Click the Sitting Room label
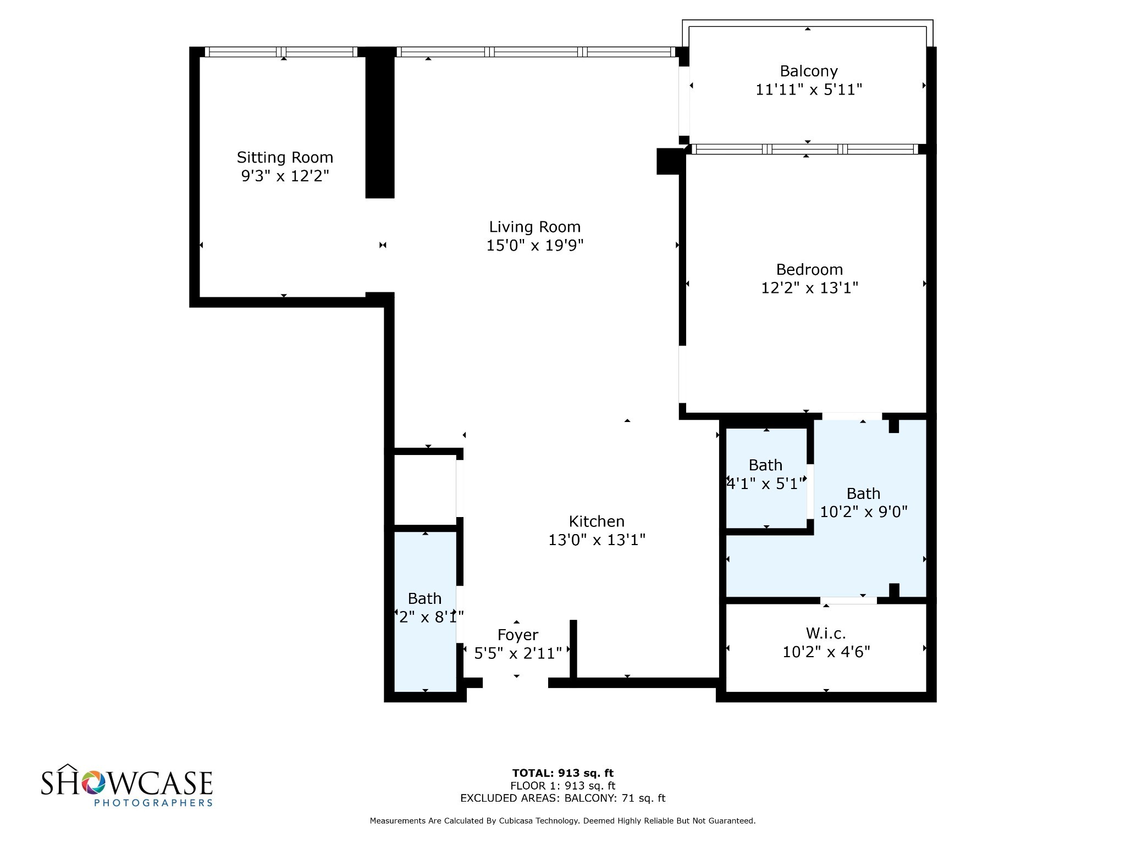(285, 158)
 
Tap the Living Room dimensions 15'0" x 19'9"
(534, 246)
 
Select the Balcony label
(808, 71)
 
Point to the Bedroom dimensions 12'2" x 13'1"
(809, 288)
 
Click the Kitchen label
(597, 521)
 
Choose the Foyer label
(517, 635)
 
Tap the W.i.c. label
(826, 634)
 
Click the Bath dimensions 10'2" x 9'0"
(863, 512)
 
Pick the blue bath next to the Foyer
(425, 610)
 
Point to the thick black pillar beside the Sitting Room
(380, 124)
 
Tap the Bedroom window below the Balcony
(805, 149)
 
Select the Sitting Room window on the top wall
(281, 52)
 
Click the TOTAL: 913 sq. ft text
(562, 773)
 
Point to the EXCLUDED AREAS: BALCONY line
(562, 798)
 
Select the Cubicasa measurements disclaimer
(562, 821)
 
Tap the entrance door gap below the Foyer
(515, 683)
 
